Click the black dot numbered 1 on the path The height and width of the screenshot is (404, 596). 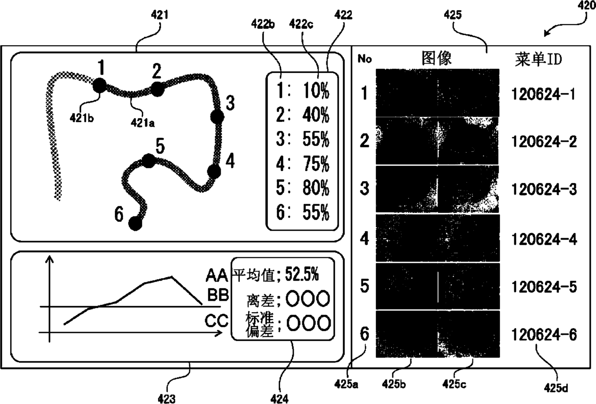click(x=99, y=86)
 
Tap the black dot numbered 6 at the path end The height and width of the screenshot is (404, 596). click(x=136, y=223)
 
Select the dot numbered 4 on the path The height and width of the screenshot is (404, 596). click(x=214, y=171)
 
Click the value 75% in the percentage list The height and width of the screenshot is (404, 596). click(x=316, y=164)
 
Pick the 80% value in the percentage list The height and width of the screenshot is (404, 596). click(x=316, y=188)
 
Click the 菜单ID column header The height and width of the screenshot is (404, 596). click(x=538, y=59)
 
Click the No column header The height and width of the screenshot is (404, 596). click(x=364, y=59)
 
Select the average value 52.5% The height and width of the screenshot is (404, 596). click(x=301, y=275)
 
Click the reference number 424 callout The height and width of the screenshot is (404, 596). click(x=279, y=398)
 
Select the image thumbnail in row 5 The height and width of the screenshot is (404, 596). click(x=437, y=287)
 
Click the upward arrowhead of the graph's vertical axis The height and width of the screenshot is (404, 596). click(x=49, y=260)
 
